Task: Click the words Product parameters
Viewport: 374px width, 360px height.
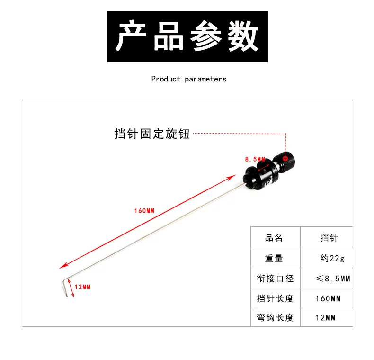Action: point(188,79)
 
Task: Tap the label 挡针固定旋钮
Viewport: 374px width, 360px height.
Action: point(152,134)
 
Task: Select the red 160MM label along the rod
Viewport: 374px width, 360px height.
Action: point(144,210)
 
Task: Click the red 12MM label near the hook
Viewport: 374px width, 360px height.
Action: point(82,287)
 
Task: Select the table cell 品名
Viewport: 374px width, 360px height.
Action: point(274,238)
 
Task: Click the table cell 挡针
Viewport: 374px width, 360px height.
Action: point(329,238)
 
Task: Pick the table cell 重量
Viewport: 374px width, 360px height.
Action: point(274,258)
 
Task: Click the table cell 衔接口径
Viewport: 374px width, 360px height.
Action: point(275,279)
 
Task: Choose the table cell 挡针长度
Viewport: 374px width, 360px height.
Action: point(275,298)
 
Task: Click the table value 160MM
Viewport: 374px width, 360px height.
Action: point(328,298)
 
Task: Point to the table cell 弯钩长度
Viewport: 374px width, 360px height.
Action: point(275,317)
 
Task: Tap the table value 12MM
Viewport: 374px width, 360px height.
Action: point(325,317)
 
